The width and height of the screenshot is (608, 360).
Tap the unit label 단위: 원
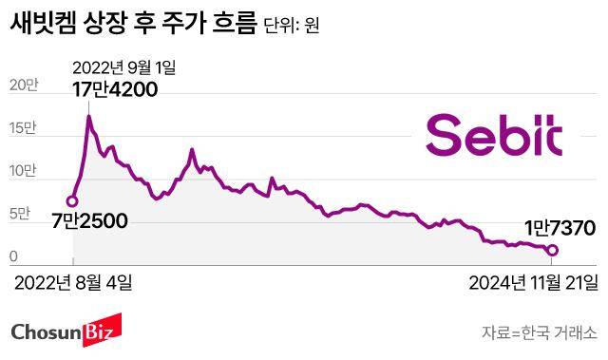point(292,26)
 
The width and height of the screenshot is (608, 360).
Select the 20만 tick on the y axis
point(23,85)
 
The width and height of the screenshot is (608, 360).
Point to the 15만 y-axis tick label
point(23,128)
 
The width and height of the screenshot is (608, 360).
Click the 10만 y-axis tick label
point(23,172)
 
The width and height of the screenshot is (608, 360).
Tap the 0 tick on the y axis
point(14,256)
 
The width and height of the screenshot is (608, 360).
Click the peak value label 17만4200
point(115,90)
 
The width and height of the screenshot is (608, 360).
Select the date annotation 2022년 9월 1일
point(125,67)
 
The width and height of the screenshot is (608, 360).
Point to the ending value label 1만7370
point(560,228)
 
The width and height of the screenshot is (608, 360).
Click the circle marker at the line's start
point(71,200)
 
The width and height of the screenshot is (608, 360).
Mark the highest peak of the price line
point(88,116)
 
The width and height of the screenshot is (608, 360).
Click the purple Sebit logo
point(493,135)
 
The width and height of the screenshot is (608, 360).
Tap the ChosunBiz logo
point(62,332)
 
